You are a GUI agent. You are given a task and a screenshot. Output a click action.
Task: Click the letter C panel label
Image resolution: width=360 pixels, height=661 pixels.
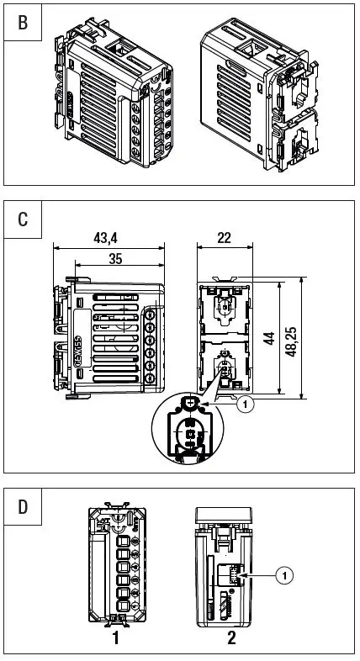tap(23, 220)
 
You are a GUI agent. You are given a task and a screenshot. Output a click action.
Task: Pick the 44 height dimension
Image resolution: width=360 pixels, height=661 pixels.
tap(268, 338)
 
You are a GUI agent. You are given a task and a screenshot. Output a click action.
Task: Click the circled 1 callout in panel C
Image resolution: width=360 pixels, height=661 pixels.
tap(244, 405)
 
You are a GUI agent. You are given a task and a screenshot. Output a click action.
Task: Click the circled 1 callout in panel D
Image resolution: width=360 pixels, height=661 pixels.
tap(284, 575)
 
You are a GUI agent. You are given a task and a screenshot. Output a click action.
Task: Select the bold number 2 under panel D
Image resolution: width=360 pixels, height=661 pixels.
tap(231, 637)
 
